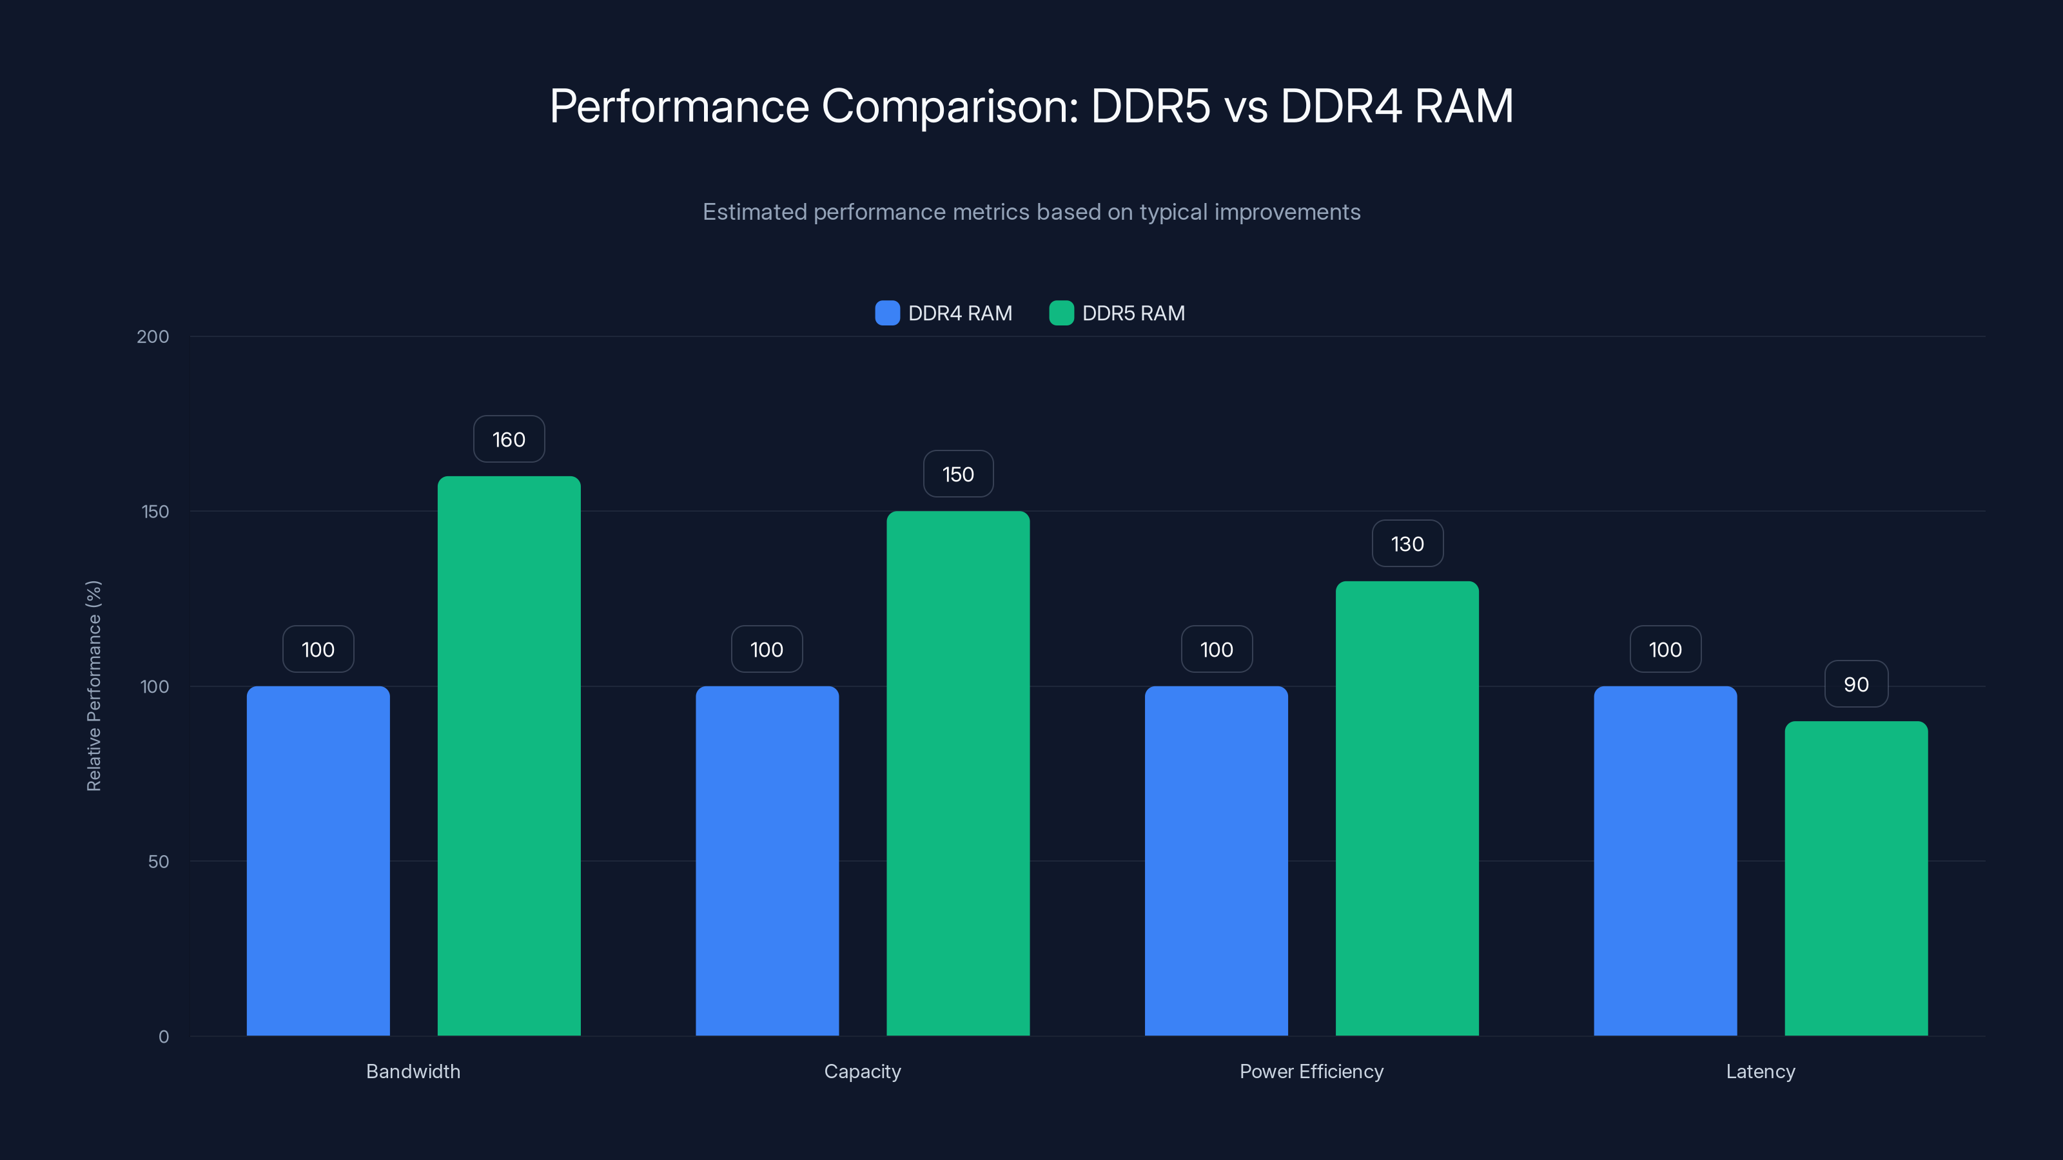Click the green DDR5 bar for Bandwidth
509,757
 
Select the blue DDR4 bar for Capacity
767,860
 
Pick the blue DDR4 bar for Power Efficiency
1216,860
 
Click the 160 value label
509,440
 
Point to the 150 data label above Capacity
958,475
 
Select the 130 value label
1407,545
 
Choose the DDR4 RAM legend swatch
887,313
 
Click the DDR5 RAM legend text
1133,313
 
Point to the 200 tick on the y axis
153,336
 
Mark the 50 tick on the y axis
159,862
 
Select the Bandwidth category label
413,1071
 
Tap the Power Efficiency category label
1311,1071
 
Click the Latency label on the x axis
1760,1071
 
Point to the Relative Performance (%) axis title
93,686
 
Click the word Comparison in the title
950,106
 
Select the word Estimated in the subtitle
754,212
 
